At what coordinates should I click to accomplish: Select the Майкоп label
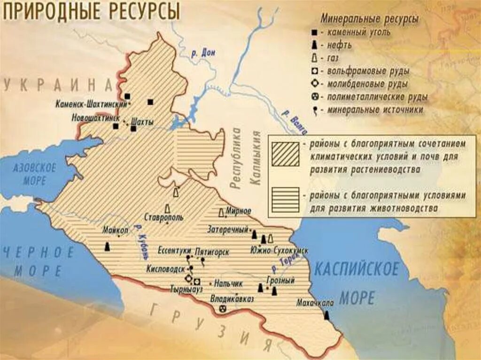(115, 230)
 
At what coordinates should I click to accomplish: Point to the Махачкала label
(315, 303)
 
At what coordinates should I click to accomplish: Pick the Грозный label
(280, 280)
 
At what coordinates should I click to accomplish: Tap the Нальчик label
(228, 283)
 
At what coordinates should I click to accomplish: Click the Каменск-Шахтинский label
(91, 103)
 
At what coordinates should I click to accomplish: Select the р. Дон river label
(203, 54)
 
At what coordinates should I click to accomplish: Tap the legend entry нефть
(337, 46)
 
